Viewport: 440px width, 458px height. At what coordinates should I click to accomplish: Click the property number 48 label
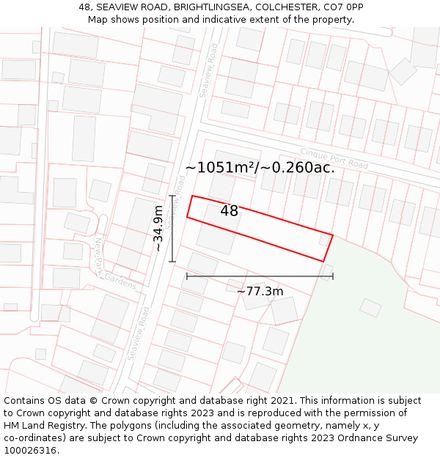point(229,211)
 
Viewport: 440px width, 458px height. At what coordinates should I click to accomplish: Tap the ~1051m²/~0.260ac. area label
point(260,168)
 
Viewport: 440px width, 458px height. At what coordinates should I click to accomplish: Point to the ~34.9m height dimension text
point(158,228)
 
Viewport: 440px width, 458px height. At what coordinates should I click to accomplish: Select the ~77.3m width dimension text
point(260,292)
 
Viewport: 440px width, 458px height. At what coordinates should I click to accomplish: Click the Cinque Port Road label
point(334,158)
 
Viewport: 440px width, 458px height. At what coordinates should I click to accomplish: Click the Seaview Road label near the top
point(210,70)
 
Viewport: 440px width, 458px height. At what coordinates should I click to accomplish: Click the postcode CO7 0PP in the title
point(344,7)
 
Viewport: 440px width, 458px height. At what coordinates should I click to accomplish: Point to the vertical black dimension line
point(172,229)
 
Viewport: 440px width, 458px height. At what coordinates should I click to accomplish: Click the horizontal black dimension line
point(260,276)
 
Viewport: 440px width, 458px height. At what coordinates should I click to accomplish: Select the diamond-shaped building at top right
point(403,71)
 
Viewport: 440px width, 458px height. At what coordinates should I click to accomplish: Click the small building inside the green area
point(370,307)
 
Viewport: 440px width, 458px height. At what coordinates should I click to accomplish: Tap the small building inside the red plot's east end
point(324,240)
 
